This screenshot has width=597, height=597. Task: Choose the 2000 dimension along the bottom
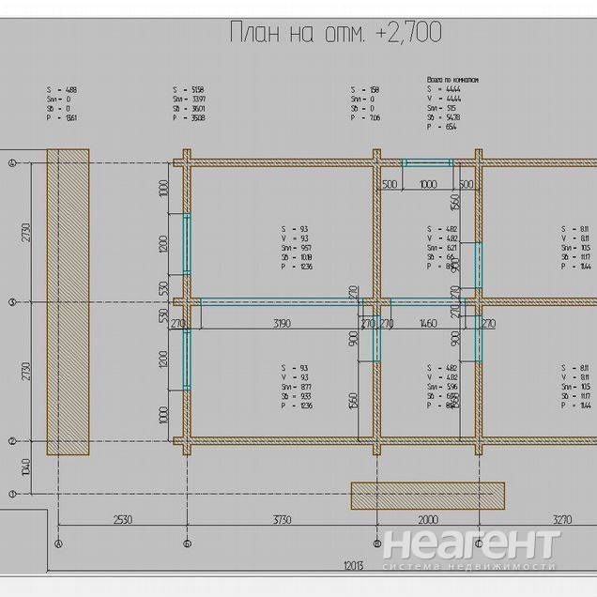[x=428, y=518]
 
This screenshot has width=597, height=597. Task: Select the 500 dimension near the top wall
[x=390, y=184]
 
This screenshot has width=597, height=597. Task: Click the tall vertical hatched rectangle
[x=69, y=301]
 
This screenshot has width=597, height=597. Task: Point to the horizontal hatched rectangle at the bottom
[x=427, y=496]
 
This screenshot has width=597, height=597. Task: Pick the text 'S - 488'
[x=62, y=89]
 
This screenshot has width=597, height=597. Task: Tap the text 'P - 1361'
[x=62, y=119]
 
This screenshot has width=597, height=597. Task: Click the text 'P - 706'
[x=364, y=119]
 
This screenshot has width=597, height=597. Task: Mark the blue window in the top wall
[x=428, y=163]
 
